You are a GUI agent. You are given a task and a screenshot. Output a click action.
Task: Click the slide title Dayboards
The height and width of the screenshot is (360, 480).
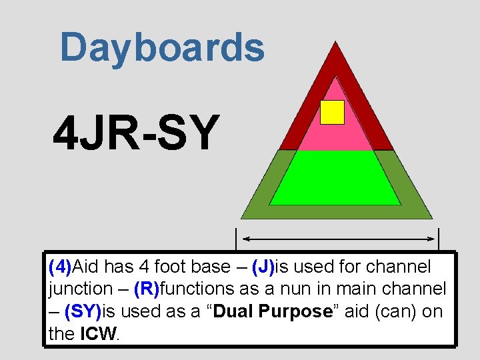point(162,48)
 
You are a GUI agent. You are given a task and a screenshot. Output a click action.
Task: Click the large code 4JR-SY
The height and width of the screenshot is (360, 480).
point(136,133)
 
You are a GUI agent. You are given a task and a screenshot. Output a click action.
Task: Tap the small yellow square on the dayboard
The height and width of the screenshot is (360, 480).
point(332,112)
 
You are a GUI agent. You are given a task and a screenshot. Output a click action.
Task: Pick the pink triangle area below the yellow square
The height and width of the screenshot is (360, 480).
point(333,137)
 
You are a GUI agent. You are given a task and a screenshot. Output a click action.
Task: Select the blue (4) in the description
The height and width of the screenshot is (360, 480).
point(60,267)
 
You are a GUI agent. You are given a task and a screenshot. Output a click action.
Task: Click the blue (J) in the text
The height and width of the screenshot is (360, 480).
point(263,267)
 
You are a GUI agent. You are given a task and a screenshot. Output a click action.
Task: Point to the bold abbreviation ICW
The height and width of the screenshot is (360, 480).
point(98,333)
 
